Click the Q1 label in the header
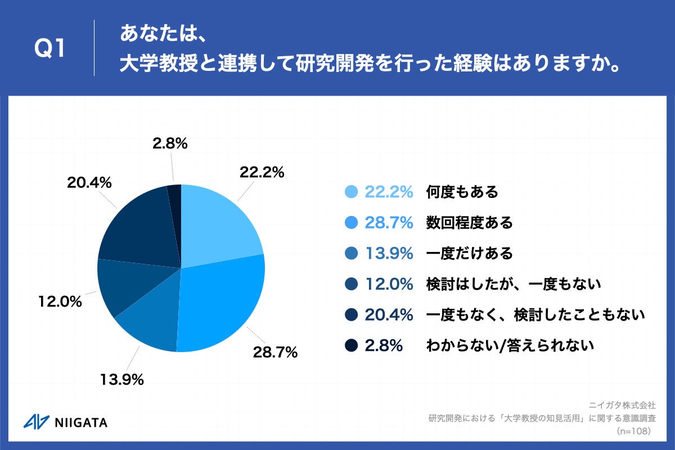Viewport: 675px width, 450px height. point(51,49)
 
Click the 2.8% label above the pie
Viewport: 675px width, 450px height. point(170,144)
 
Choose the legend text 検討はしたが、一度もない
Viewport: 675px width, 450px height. point(514,284)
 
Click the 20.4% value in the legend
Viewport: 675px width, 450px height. point(389,315)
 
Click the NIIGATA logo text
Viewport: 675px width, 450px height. point(82,422)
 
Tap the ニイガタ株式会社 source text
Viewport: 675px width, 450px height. point(622,404)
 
